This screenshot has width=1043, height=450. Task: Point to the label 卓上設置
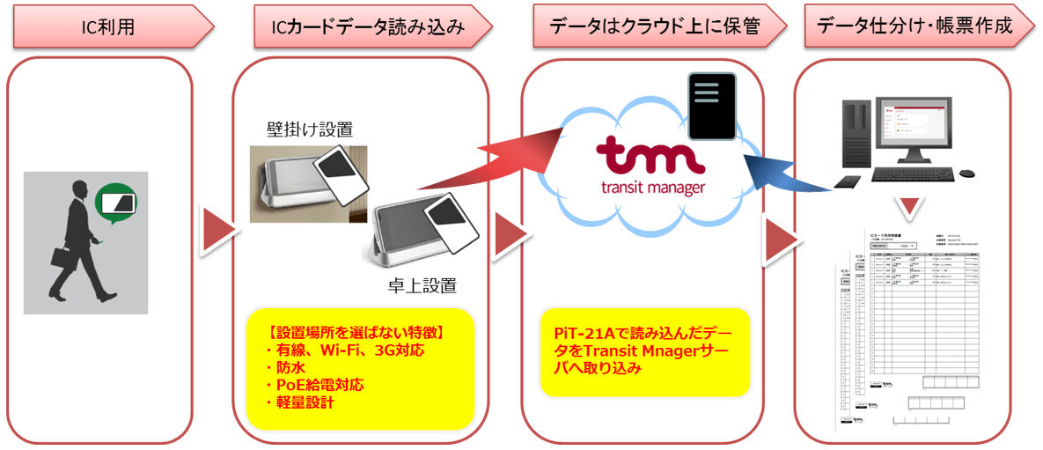point(422,285)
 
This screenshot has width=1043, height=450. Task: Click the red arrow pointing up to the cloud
point(502,159)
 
